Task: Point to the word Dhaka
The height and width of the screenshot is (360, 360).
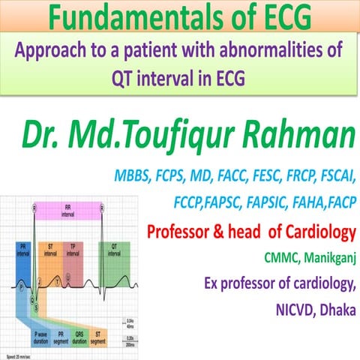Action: pos(331,310)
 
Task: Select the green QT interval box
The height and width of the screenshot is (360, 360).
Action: pos(130,250)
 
